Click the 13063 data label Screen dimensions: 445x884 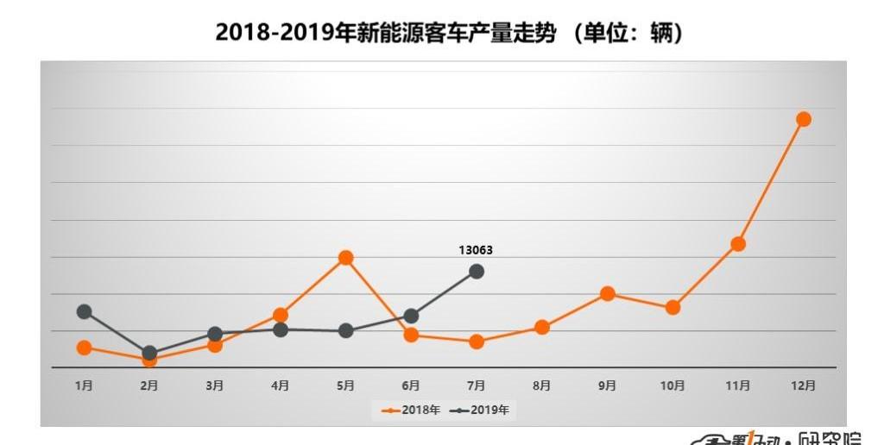[476, 250]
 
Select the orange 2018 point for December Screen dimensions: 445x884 [804, 119]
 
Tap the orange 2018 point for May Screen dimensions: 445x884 [345, 257]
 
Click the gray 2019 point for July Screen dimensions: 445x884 [477, 272]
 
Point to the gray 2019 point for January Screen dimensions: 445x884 [84, 311]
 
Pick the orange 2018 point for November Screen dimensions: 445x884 [738, 244]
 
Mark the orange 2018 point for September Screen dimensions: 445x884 [607, 293]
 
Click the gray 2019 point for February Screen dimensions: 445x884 [149, 353]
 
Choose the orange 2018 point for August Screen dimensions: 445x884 [542, 327]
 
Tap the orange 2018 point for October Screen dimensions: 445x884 [672, 307]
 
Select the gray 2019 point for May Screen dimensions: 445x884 [345, 330]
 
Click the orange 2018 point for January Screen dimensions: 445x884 [84, 348]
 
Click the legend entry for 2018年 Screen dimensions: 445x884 [411, 410]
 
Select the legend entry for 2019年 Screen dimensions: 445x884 [480, 410]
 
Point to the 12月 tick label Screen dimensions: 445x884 [804, 385]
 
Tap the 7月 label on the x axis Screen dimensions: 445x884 [477, 385]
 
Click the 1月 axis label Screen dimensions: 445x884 [84, 385]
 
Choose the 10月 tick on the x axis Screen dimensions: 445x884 [672, 385]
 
